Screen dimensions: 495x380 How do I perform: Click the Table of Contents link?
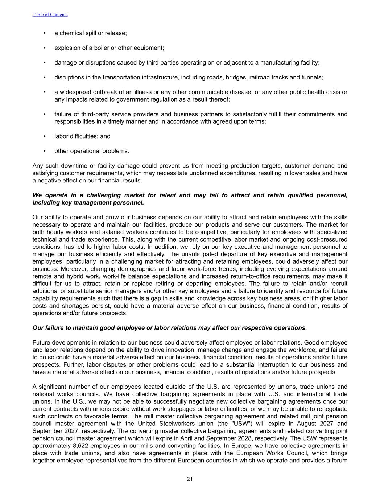(50, 15)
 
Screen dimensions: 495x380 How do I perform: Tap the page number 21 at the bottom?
(190, 479)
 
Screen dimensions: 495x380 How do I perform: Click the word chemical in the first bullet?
(71, 33)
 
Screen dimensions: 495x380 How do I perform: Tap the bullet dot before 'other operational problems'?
(45, 151)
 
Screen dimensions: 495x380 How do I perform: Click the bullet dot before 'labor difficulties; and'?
(45, 136)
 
